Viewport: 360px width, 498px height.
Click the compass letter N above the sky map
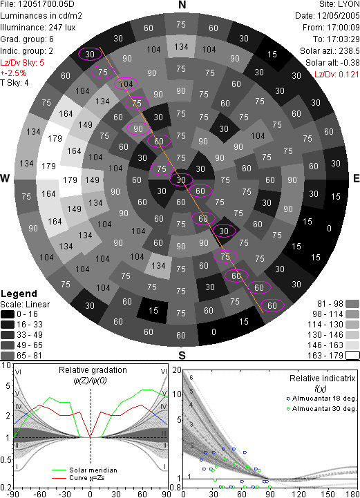click(182, 5)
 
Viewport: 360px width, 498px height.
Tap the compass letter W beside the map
click(5, 178)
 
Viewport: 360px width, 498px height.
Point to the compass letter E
click(356, 178)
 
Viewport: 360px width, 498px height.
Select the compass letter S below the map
click(182, 355)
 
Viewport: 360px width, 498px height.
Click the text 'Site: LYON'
click(339, 4)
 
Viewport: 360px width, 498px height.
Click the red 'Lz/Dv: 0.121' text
click(337, 75)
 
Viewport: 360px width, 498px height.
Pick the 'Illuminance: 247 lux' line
click(38, 28)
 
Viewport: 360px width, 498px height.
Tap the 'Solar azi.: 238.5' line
click(330, 51)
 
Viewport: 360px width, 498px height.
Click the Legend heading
click(19, 294)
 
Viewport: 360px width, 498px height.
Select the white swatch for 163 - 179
click(352, 355)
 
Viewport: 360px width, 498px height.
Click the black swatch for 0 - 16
click(8, 314)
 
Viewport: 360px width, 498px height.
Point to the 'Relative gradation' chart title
click(93, 370)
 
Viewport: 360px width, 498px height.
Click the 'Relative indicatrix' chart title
click(323, 379)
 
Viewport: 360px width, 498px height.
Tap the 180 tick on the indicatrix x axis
click(353, 494)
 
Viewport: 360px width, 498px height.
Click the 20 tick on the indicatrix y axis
click(177, 370)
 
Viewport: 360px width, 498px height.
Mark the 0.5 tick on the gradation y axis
click(6, 460)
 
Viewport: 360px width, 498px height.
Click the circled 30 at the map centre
click(181, 180)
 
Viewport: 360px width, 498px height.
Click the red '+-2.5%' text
click(13, 73)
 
